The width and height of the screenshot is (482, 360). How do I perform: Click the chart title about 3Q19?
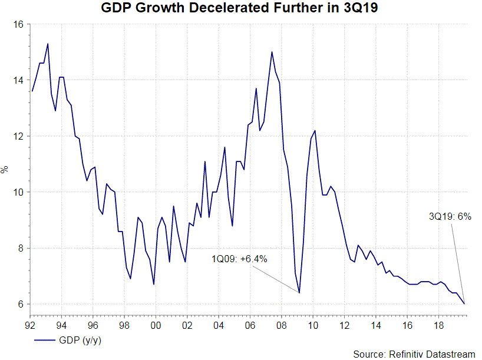(x=240, y=9)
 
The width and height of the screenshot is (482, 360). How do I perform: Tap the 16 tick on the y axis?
(x=18, y=24)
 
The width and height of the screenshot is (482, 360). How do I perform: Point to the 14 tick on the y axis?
(x=18, y=80)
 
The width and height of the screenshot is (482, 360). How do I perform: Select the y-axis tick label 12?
(x=18, y=136)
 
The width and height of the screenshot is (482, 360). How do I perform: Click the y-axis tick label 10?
(x=18, y=192)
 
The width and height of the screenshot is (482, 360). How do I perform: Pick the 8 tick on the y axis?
(x=21, y=248)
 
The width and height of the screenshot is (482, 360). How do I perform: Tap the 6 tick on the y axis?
(x=21, y=304)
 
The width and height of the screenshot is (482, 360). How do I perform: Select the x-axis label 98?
(x=124, y=325)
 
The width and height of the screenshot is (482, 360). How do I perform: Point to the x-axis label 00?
(x=156, y=325)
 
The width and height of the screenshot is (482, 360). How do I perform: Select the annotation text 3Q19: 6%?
(x=450, y=216)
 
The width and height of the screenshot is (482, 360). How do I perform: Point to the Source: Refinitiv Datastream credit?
(x=414, y=354)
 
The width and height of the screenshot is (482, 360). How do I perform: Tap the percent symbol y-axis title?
(x=5, y=170)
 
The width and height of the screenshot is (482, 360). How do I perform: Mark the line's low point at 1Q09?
(x=299, y=293)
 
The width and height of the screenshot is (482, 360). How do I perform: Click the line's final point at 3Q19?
(x=464, y=304)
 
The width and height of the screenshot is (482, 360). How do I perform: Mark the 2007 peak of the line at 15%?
(x=272, y=52)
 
